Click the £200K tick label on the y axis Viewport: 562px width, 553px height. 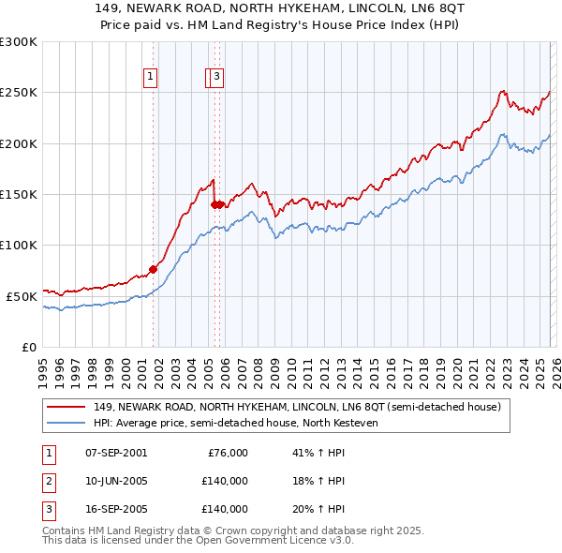click(19, 143)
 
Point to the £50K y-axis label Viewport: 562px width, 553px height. click(22, 296)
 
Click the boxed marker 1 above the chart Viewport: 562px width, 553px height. click(150, 77)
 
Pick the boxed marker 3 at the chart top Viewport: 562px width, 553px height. click(216, 77)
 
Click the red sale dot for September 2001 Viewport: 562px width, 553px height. click(154, 270)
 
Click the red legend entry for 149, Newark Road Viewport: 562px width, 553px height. click(298, 407)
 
